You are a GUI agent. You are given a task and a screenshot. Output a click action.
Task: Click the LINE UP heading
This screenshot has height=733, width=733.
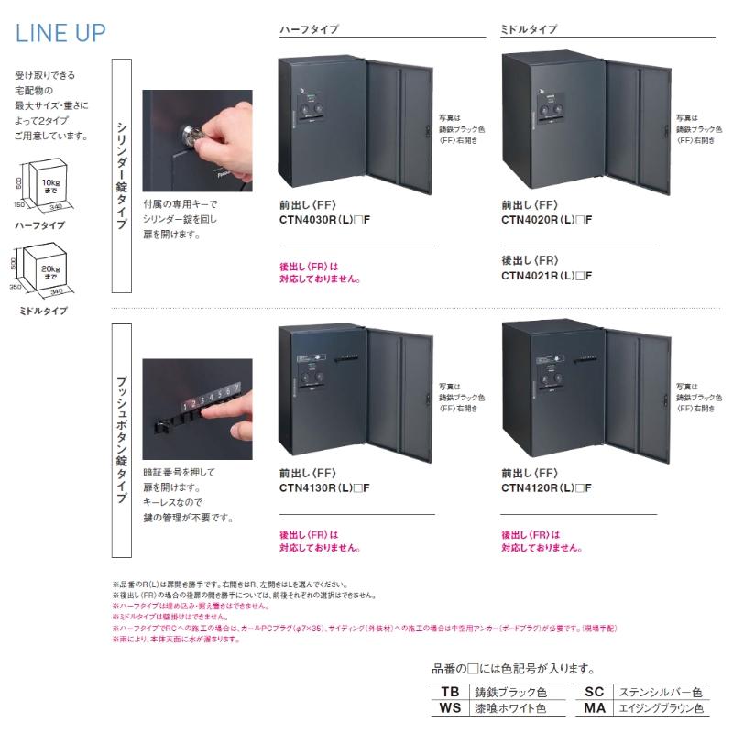(60, 33)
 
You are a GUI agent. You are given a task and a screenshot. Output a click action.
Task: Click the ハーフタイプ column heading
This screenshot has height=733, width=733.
(309, 29)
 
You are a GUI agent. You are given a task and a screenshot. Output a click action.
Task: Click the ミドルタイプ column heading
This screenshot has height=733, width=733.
(529, 29)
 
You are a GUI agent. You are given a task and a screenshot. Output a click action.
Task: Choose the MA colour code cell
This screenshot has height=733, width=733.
(595, 708)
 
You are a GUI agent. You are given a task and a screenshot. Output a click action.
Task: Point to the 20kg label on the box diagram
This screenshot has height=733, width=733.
(50, 271)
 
